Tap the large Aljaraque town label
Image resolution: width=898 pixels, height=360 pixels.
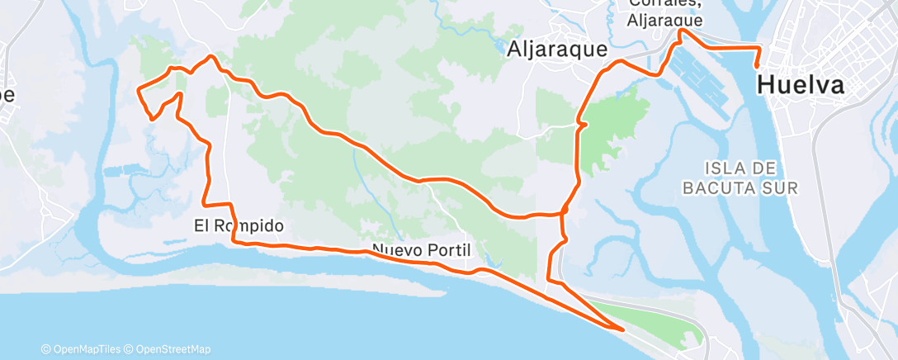[x=558, y=48]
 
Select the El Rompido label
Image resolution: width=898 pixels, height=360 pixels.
[x=239, y=225]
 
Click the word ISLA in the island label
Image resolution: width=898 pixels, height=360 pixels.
[x=725, y=166]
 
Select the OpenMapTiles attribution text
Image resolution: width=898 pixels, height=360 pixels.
[x=84, y=349]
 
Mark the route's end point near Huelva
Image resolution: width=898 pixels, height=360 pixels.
[x=758, y=66]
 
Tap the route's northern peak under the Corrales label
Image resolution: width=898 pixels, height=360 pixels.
[x=680, y=31]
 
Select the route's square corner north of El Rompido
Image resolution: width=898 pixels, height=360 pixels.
[x=204, y=204]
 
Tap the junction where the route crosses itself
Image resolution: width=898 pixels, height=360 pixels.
[x=565, y=213]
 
